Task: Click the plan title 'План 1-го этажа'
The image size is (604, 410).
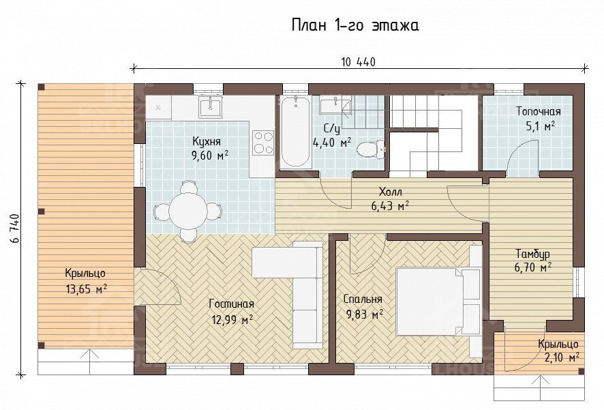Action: [354, 25]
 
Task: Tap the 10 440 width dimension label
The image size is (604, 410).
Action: [358, 61]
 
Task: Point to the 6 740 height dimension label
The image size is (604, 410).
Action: [16, 228]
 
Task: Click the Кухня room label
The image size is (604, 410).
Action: [207, 141]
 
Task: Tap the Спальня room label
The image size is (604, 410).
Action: [363, 299]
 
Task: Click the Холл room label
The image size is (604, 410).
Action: [390, 191]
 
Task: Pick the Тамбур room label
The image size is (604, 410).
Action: [532, 254]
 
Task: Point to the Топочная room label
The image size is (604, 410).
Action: [538, 112]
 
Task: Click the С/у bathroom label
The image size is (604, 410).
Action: [332, 129]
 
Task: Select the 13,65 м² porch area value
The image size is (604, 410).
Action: [87, 289]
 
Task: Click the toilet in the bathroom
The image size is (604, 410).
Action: [370, 149]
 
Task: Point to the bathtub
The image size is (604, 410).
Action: [295, 132]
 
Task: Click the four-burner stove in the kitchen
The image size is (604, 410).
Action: [263, 142]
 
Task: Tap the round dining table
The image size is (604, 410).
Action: [188, 211]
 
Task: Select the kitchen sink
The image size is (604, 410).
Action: [211, 106]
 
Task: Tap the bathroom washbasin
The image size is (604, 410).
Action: [336, 106]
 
